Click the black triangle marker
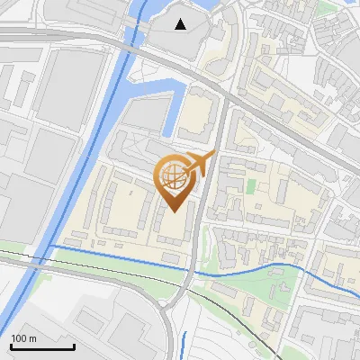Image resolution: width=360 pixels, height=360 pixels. (x=182, y=23)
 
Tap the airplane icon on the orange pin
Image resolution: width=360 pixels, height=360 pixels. (x=200, y=164)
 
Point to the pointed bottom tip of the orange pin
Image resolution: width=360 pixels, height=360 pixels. (x=174, y=211)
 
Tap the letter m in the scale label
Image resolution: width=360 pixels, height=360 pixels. (x=32, y=338)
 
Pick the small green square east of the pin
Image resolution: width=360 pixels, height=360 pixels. (x=251, y=186)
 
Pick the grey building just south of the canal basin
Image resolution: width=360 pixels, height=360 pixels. (x=144, y=115)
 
